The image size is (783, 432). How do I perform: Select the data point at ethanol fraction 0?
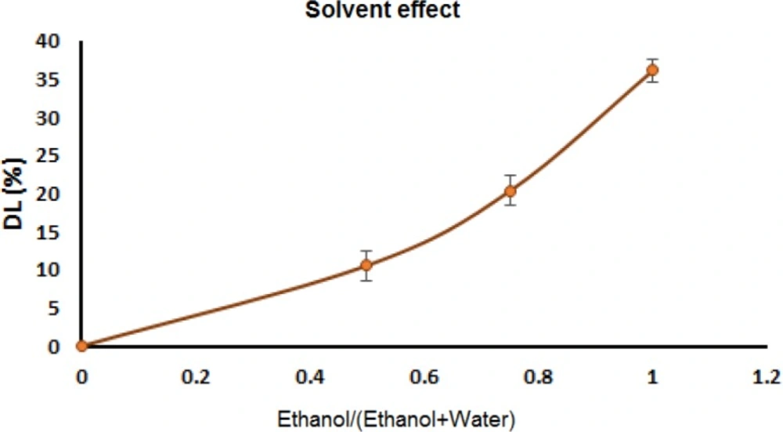coord(81,346)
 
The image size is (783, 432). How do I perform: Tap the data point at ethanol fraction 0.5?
coord(366,266)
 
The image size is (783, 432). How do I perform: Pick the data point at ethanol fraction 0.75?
coord(510,191)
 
